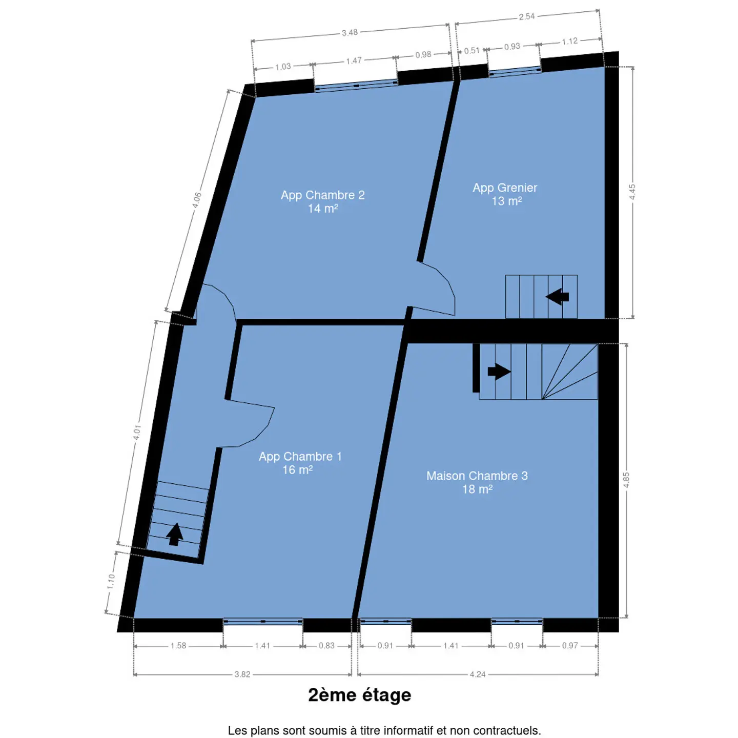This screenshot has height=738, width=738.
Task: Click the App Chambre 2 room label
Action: [x=322, y=201]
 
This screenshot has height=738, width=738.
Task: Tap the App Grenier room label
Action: [x=505, y=194]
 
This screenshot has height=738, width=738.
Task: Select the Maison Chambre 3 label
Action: [x=477, y=482]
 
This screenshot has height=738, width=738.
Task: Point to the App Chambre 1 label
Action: [x=300, y=463]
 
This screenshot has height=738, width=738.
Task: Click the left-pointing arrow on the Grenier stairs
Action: [x=557, y=296]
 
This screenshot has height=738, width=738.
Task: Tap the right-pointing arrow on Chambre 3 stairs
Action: [x=499, y=371]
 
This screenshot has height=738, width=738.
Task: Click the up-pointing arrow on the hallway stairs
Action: [x=175, y=534]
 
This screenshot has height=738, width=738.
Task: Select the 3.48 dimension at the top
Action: [x=350, y=33]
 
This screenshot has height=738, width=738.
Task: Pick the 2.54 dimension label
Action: [x=527, y=16]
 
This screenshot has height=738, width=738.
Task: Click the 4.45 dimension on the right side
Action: [x=632, y=192]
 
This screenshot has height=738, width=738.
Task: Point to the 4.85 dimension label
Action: [x=626, y=480]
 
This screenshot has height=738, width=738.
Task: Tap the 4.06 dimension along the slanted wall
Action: [x=196, y=200]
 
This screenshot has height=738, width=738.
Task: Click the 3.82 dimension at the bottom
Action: [x=242, y=685]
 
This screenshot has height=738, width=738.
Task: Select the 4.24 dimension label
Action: [x=478, y=685]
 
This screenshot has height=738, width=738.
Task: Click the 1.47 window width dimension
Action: [x=354, y=60]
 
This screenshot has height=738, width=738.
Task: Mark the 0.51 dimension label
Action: [x=472, y=51]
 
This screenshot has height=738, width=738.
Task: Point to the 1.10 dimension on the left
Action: [x=111, y=581]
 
